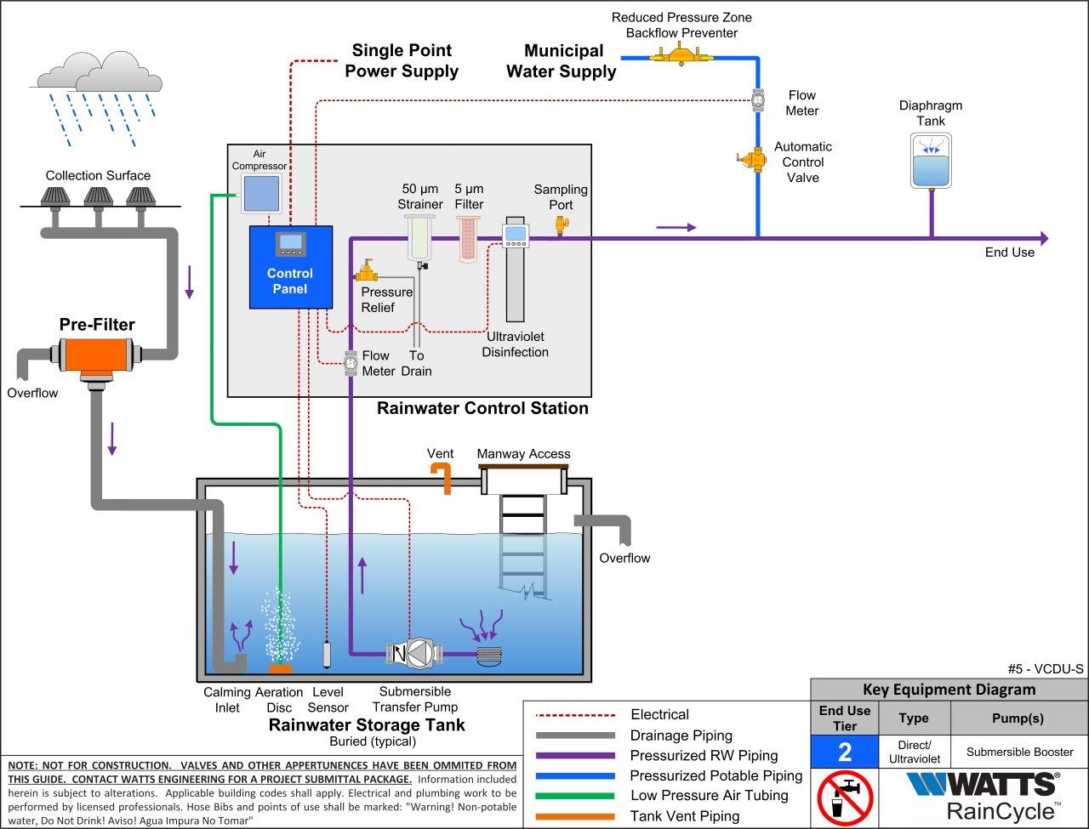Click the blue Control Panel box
290,267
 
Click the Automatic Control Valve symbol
751,159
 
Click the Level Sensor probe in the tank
328,653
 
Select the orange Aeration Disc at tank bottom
280,668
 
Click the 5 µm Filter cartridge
469,238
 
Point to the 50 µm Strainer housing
420,238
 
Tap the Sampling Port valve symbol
561,224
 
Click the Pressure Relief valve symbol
368,272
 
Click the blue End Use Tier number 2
843,752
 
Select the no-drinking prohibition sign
845,798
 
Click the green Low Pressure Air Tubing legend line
574,796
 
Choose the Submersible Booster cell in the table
1019,752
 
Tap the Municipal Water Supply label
562,61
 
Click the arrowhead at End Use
1043,239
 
